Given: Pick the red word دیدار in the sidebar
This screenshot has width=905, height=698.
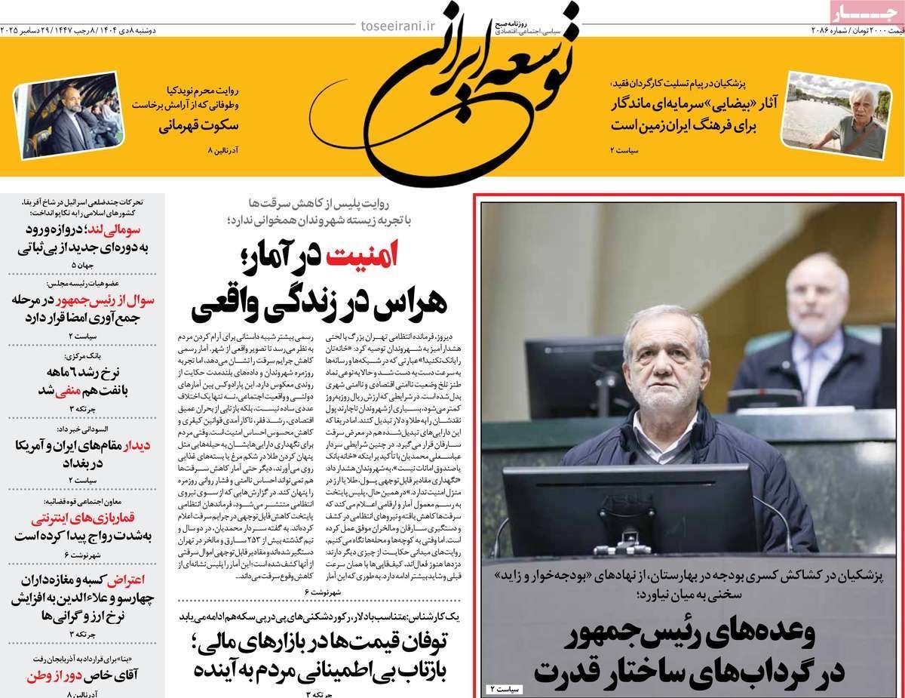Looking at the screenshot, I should pos(137,445).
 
